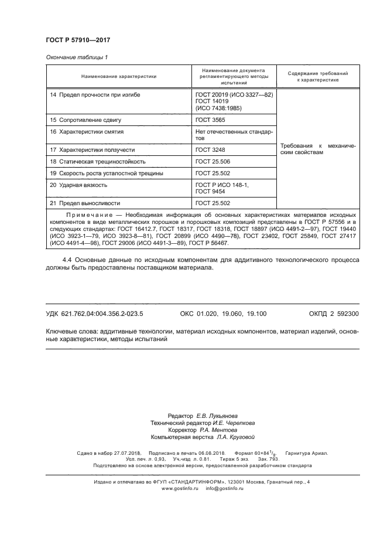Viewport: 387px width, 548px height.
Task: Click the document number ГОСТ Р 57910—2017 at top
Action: (78, 40)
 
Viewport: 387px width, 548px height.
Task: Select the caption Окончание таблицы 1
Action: (77, 57)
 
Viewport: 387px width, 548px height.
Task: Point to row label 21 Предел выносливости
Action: (85, 203)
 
